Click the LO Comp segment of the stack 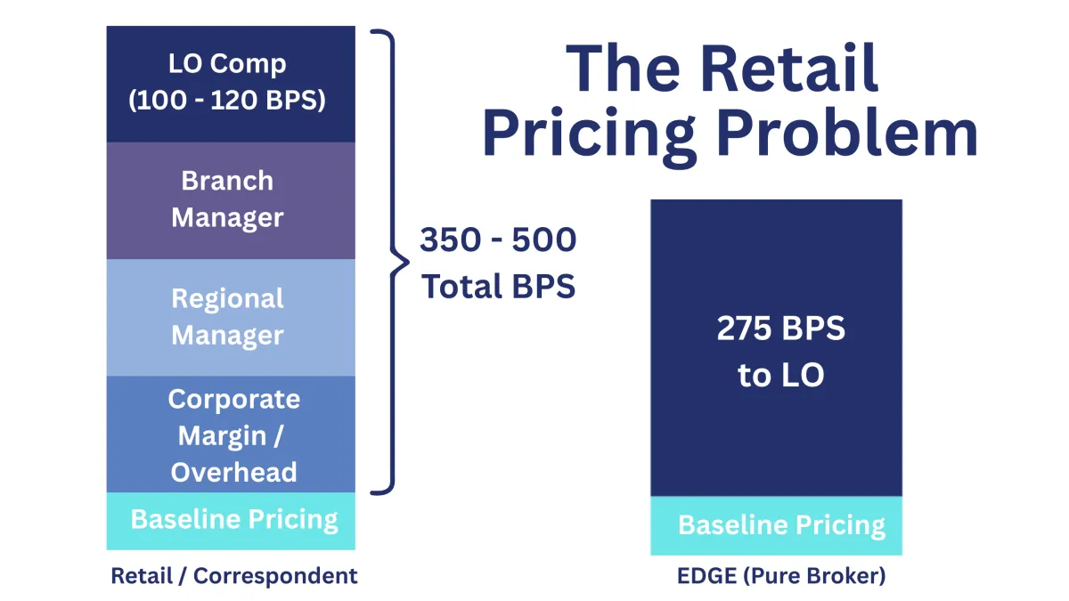(231, 84)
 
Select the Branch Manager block (231, 200)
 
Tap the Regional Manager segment (231, 317)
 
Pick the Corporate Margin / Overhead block (231, 435)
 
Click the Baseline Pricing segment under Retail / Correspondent (231, 521)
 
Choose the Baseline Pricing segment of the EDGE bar (776, 525)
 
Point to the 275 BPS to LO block (776, 347)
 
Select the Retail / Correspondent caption (233, 576)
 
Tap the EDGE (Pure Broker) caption (781, 576)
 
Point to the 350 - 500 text (498, 241)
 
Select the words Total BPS (498, 287)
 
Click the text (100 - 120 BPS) (228, 101)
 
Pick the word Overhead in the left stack (233, 472)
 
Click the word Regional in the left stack (227, 298)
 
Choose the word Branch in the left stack (227, 181)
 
